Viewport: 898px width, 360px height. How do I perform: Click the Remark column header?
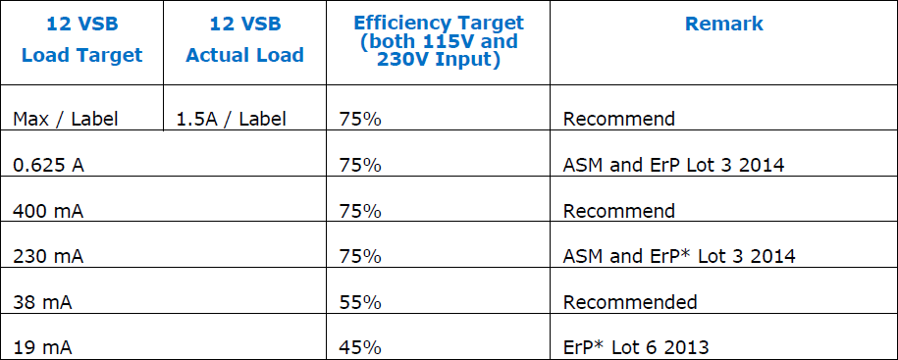click(724, 25)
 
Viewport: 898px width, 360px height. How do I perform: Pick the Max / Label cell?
click(66, 120)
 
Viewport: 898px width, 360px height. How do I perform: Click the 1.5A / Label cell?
click(232, 120)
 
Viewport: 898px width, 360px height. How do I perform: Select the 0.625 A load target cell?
click(48, 165)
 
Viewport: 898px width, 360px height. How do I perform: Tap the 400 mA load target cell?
click(47, 211)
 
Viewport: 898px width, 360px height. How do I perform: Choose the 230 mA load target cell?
click(47, 256)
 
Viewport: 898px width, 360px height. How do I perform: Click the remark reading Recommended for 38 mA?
click(630, 301)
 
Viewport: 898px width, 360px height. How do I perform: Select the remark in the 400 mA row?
click(619, 211)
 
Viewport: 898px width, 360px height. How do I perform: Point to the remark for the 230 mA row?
click(679, 256)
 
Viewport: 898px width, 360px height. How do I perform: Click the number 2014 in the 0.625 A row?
click(762, 165)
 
